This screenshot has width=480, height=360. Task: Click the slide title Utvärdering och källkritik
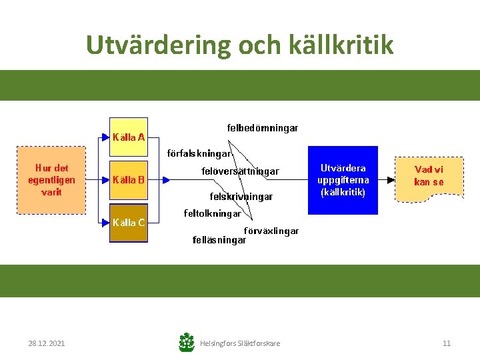[x=240, y=45]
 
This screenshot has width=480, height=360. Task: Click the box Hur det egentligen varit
[x=51, y=180]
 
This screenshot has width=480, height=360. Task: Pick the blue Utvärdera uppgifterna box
[x=343, y=180]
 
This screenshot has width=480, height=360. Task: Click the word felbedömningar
[x=262, y=127]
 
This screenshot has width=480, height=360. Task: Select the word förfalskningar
[x=199, y=153]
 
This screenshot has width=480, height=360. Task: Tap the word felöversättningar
[x=240, y=171]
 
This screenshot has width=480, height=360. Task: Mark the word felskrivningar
[x=241, y=197]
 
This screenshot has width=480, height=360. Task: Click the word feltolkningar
[x=213, y=214]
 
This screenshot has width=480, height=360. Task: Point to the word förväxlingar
[x=271, y=231]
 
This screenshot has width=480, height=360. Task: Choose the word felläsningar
[x=219, y=240]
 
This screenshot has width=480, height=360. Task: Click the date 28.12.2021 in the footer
[x=47, y=343]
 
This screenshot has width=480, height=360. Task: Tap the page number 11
[x=447, y=343]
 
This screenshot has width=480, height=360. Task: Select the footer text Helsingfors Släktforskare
[x=240, y=343]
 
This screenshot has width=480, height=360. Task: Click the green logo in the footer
[x=187, y=343]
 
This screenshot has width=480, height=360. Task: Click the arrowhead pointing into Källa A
[x=105, y=138]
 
